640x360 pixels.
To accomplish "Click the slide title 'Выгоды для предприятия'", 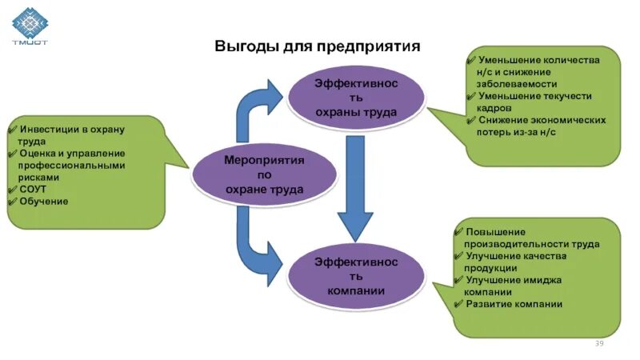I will tap(317, 46).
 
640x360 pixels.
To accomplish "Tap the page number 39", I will tap(598, 343).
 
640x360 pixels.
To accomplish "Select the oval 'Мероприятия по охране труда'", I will tap(253, 174).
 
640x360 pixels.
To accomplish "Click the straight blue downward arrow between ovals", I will tap(354, 186).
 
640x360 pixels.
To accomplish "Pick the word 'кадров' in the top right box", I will tap(494, 107).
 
